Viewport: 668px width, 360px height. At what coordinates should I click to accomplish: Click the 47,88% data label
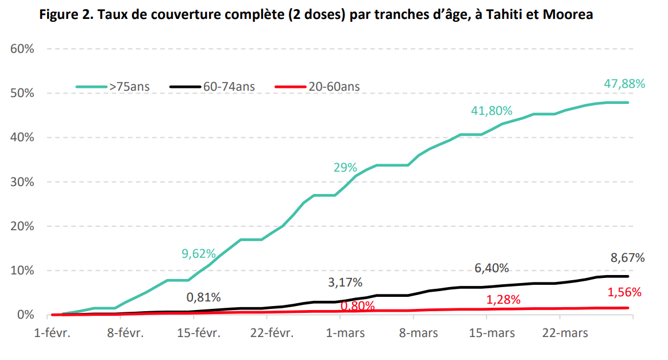point(624,84)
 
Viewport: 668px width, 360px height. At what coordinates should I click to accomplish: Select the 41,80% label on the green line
point(492,111)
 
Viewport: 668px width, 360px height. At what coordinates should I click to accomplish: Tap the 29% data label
point(345,168)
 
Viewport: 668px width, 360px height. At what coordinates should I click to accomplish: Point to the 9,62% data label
point(199,253)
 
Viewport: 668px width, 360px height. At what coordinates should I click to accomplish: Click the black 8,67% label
point(627,258)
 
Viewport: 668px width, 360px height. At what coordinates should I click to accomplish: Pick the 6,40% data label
point(492,268)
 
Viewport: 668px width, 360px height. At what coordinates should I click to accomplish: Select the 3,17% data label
point(345,282)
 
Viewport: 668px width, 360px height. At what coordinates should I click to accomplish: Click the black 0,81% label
point(203,297)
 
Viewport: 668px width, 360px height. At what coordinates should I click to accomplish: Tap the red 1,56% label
point(624,292)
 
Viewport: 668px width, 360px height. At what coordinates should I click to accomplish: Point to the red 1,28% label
point(503,300)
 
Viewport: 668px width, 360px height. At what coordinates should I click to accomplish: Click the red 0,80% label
point(357,306)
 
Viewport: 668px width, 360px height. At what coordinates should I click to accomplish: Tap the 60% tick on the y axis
point(22,49)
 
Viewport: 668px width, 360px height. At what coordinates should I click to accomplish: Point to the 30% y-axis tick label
point(22,182)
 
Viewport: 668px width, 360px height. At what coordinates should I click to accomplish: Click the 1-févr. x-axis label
point(52,333)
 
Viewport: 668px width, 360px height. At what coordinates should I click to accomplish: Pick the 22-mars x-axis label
point(565,333)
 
